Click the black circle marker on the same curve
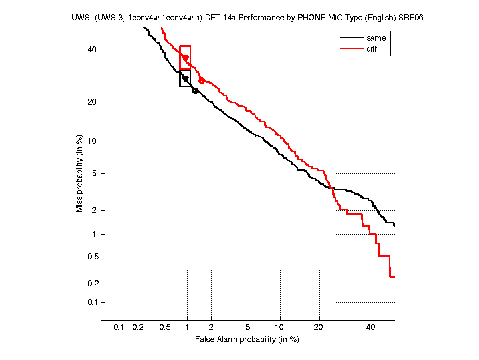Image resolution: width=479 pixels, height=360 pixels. coord(195,91)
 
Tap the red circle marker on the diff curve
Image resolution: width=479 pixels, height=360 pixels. coord(202,81)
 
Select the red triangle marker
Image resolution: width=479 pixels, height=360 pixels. coord(185,58)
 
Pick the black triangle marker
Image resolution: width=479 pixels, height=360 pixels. coord(185,79)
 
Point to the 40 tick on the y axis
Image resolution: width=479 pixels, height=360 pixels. coord(93,50)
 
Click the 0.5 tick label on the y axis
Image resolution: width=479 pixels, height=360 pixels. coord(91,257)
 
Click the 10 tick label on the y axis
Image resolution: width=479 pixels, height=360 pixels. coord(93,141)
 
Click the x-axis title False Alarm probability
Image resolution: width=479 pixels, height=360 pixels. coord(247,340)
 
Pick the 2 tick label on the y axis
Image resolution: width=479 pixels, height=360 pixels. coord(95,210)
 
